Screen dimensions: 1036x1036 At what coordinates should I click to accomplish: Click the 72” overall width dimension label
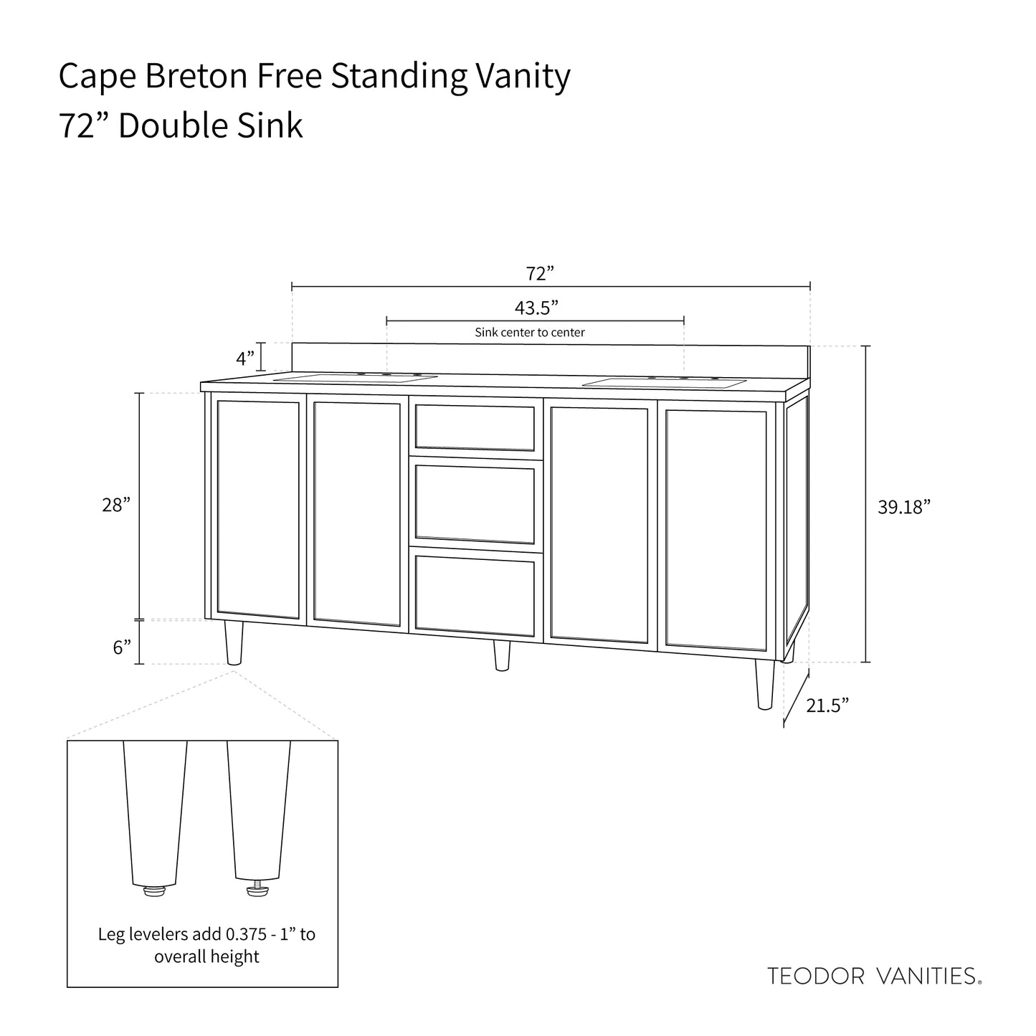(540, 273)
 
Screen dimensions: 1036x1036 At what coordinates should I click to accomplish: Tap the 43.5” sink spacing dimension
(536, 308)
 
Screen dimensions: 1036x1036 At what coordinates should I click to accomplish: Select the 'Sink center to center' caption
(530, 333)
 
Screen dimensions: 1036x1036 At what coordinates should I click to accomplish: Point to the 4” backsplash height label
(245, 356)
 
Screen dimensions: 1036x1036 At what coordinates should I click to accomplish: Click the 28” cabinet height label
(116, 505)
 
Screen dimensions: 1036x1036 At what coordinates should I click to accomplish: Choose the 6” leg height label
(122, 647)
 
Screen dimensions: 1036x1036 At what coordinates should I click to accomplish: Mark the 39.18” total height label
(903, 507)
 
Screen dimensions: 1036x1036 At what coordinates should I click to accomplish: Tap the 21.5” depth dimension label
(827, 705)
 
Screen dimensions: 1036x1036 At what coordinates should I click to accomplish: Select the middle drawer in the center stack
(475, 503)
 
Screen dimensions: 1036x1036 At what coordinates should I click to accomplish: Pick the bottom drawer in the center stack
(475, 592)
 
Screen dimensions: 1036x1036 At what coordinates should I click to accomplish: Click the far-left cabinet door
(258, 509)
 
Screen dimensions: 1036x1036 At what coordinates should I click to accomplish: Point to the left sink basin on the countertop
(356, 377)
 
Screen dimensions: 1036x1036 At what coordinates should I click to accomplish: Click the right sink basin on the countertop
(664, 382)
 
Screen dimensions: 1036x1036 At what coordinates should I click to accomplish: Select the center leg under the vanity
(502, 655)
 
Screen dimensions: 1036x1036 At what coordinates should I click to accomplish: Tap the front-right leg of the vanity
(766, 684)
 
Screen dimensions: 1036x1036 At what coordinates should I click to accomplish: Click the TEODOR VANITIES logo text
(874, 976)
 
